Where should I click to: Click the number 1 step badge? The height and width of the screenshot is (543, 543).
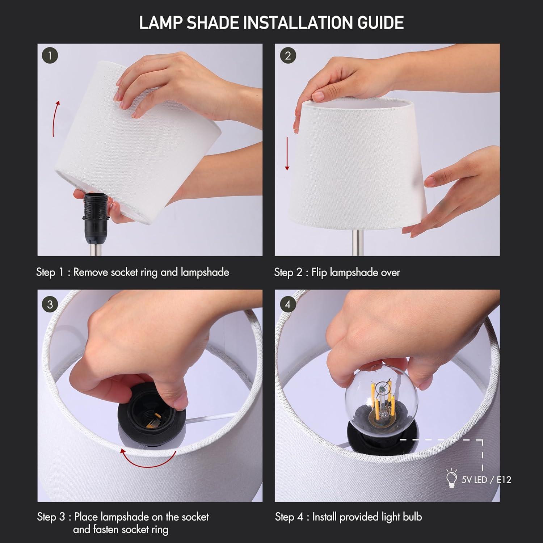pos(50,56)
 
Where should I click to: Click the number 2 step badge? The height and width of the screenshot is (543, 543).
pos(288,56)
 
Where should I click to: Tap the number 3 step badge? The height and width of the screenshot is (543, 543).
pos(50,304)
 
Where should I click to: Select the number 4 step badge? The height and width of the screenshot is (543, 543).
pos(288,304)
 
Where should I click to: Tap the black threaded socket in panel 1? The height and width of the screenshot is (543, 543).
pos(92,215)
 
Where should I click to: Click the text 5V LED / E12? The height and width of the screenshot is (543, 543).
pos(486,480)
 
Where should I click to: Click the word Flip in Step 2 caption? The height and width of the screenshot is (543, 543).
pos(319,272)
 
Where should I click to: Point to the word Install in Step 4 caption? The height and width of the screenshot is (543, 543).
pos(324,517)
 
